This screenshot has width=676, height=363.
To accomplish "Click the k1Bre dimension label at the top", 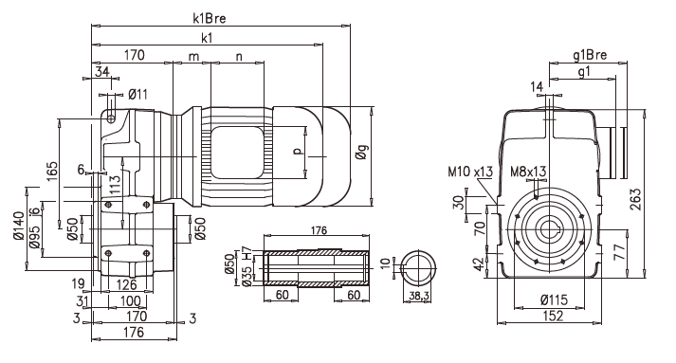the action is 210,19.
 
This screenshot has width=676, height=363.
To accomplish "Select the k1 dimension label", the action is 207,38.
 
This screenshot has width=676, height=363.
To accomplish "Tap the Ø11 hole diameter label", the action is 138,94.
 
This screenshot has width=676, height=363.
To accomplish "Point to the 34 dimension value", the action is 102,72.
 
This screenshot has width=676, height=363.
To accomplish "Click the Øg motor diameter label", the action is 362,153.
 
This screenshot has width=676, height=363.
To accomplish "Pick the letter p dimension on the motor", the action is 297,151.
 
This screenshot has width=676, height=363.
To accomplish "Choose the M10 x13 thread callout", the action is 470,172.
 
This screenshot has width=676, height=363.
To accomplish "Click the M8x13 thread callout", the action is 528,172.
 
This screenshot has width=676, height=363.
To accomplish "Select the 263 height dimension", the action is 635,199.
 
